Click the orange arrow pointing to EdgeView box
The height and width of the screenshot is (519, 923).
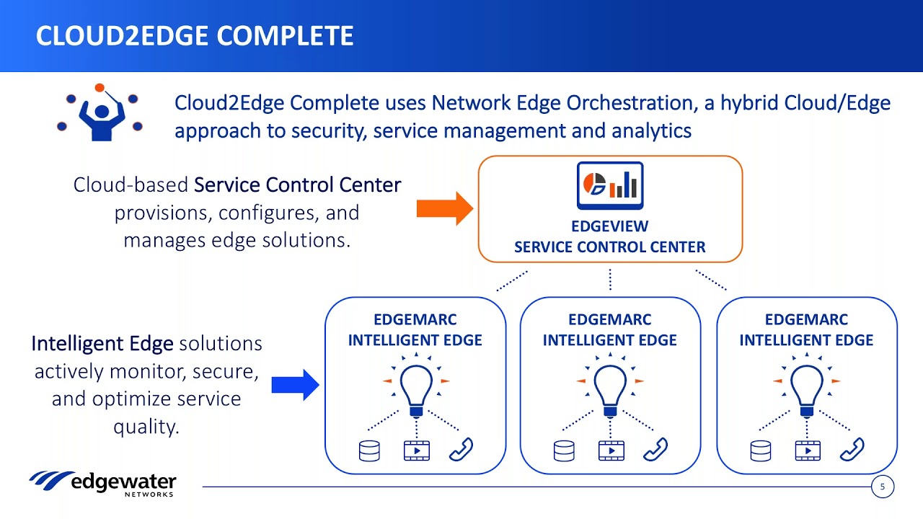445,208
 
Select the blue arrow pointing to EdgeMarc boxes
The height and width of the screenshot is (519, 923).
295,385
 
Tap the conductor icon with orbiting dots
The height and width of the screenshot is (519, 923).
100,112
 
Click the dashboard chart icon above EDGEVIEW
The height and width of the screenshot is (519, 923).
610,185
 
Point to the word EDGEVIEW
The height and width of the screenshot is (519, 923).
610,226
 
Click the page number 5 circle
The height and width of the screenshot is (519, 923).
882,487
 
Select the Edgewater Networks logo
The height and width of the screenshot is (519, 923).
102,484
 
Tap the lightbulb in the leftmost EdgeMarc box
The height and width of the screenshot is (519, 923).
416,385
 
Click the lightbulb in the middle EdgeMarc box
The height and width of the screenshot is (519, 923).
610,385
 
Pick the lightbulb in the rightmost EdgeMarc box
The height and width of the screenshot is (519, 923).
807,385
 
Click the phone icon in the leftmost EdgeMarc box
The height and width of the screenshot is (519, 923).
461,449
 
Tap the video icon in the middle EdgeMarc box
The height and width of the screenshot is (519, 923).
611,451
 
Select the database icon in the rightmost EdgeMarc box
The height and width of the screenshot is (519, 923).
761,451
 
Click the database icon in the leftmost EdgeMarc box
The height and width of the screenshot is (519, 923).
369,451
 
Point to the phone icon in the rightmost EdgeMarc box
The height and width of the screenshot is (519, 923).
852,449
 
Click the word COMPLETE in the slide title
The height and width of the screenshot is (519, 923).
285,35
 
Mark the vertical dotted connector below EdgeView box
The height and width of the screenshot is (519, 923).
610,280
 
